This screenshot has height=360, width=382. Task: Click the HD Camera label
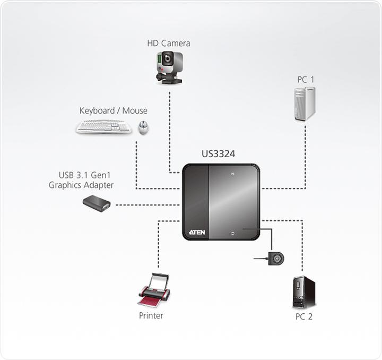coord(169,43)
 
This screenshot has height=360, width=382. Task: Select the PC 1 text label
coord(306,80)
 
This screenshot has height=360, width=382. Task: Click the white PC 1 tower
coord(305,104)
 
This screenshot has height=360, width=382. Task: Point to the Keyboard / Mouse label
coord(114,110)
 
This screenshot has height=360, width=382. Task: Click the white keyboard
coord(104,126)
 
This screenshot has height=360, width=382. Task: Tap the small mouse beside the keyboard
coord(143,127)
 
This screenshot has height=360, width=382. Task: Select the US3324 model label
coord(218,154)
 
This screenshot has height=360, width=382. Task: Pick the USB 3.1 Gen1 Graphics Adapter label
coord(81,181)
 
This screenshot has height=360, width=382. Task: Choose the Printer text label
coord(151,315)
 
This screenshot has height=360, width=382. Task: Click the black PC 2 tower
coord(303,292)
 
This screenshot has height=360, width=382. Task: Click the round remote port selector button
coord(276,259)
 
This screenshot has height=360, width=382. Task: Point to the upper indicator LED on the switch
coord(232,174)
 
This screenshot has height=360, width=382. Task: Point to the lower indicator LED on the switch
coord(232,233)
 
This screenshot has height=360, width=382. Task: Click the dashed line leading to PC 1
coord(306,159)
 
